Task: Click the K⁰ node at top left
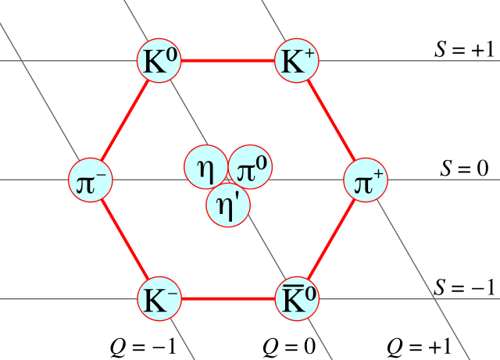pyautogui.click(x=159, y=61)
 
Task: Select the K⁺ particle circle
pyautogui.click(x=297, y=61)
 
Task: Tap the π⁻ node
pyautogui.click(x=91, y=180)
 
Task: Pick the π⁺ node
pyautogui.click(x=366, y=180)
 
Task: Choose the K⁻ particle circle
pyautogui.click(x=159, y=299)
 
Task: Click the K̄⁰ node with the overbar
pyautogui.click(x=297, y=299)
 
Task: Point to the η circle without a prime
pyautogui.click(x=205, y=167)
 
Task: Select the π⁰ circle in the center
pyautogui.click(x=252, y=167)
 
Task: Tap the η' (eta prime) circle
pyautogui.click(x=228, y=205)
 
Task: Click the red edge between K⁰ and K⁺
pyautogui.click(x=228, y=60)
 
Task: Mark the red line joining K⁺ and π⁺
pyautogui.click(x=331, y=120)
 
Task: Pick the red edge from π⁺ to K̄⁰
pyautogui.click(x=331, y=240)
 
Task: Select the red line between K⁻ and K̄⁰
pyautogui.click(x=228, y=298)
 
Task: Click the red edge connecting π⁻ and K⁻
pyautogui.click(x=125, y=240)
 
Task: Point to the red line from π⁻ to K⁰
pyautogui.click(x=125, y=120)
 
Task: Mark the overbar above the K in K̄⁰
pyautogui.click(x=288, y=287)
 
